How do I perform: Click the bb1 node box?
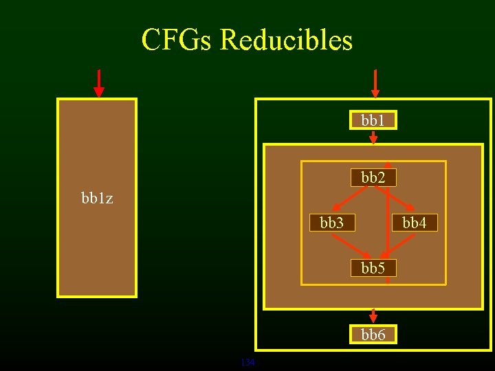pos(373,121)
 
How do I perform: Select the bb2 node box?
pos(373,177)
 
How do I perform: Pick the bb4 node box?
pos(415,223)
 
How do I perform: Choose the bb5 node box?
pos(373,268)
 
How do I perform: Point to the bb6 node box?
pos(373,335)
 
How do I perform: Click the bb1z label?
pos(97,199)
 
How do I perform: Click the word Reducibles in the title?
pos(286,40)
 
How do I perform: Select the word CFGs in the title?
pos(177,40)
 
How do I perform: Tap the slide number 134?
pos(247,362)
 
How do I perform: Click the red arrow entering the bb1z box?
pos(99,83)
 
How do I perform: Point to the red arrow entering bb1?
pos(375,83)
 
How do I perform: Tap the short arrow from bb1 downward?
pos(373,137)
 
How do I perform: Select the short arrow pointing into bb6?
pos(373,316)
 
